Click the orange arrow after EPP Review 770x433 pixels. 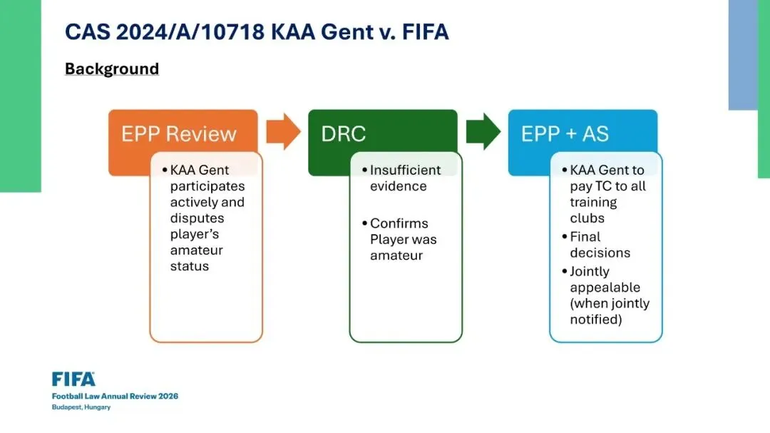pyautogui.click(x=284, y=132)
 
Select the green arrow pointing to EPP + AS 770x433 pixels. pyautogui.click(x=483, y=132)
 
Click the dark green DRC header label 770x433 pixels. pyautogui.click(x=344, y=134)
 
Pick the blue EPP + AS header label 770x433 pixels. pyautogui.click(x=565, y=134)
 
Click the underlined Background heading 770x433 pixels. pyautogui.click(x=112, y=68)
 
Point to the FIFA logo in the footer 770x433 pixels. pyautogui.click(x=73, y=379)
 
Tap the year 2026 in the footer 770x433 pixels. pyautogui.click(x=168, y=396)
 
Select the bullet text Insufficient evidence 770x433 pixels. pyautogui.click(x=404, y=178)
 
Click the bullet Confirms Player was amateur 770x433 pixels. pyautogui.click(x=403, y=239)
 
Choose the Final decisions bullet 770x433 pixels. pyautogui.click(x=600, y=245)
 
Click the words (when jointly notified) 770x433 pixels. pyautogui.click(x=610, y=312)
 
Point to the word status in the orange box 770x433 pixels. pyautogui.click(x=189, y=266)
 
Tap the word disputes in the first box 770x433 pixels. pyautogui.click(x=197, y=218)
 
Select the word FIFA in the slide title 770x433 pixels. pyautogui.click(x=423, y=32)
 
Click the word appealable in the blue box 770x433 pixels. pyautogui.click(x=605, y=287)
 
